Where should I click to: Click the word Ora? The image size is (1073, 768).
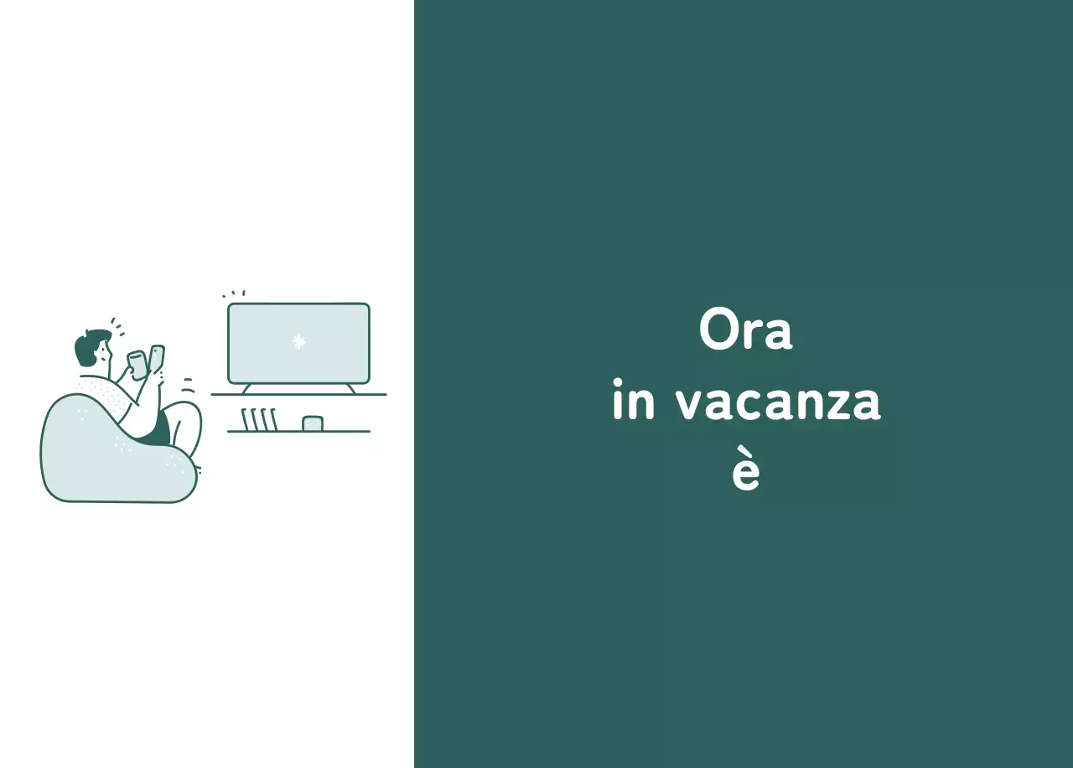tap(745, 331)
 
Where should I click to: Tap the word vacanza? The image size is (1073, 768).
tap(778, 403)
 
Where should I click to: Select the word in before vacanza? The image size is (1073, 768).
tap(633, 402)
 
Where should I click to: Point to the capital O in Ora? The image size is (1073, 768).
tap(718, 331)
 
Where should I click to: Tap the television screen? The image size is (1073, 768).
tap(298, 343)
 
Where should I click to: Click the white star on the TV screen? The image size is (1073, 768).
tap(298, 341)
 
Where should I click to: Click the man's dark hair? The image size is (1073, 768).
tap(88, 345)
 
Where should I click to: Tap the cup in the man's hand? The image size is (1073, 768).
tap(137, 363)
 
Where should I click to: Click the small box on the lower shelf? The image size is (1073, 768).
tap(313, 423)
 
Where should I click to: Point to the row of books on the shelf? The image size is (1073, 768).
tap(259, 419)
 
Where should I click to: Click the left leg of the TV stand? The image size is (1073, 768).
tap(246, 388)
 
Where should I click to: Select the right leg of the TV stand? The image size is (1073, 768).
tap(351, 388)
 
